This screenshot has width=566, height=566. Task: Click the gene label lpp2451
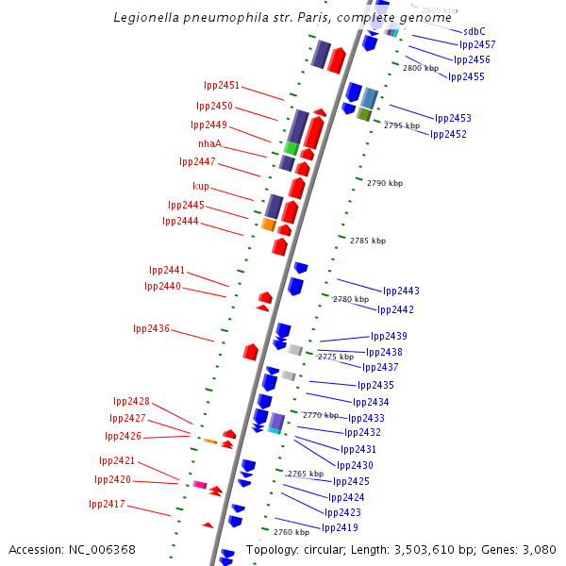pyautogui.click(x=222, y=85)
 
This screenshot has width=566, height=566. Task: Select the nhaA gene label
pyautogui.click(x=209, y=143)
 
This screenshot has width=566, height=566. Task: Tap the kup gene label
pyautogui.click(x=201, y=186)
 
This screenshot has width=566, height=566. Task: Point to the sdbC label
pyautogui.click(x=474, y=30)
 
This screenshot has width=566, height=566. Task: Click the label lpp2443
pyautogui.click(x=401, y=291)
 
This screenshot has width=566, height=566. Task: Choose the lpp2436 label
pyautogui.click(x=151, y=328)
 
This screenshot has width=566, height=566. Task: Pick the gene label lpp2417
pyautogui.click(x=107, y=504)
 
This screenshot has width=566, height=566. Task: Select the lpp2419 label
pyautogui.click(x=340, y=527)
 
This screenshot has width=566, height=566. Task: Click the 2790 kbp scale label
pyautogui.click(x=383, y=183)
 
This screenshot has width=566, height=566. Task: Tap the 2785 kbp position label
pyautogui.click(x=367, y=241)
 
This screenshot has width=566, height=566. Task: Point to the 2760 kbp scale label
pyautogui.click(x=291, y=532)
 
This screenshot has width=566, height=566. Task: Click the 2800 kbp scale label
pyautogui.click(x=421, y=68)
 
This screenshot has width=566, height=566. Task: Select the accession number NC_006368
pyautogui.click(x=103, y=549)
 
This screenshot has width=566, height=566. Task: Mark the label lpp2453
pyautogui.click(x=453, y=118)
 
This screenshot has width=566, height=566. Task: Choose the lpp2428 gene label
pyautogui.click(x=131, y=401)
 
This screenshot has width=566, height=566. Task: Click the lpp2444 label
pyautogui.click(x=180, y=221)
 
